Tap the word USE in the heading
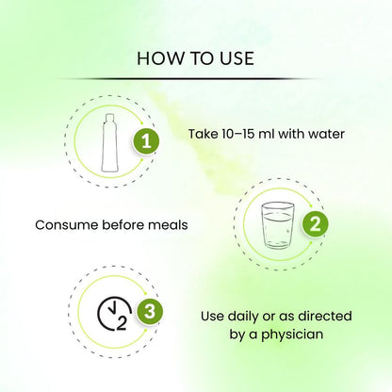coord(237,58)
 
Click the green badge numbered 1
coord(146,141)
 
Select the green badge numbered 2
coord(315,224)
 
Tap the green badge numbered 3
coord(150,312)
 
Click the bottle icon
coord(109,143)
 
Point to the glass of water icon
coord(278,225)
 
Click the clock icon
coord(114,314)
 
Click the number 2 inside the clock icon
coord(122,323)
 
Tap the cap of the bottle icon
coord(109,117)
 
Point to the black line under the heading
coord(188,78)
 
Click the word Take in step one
coord(204,134)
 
